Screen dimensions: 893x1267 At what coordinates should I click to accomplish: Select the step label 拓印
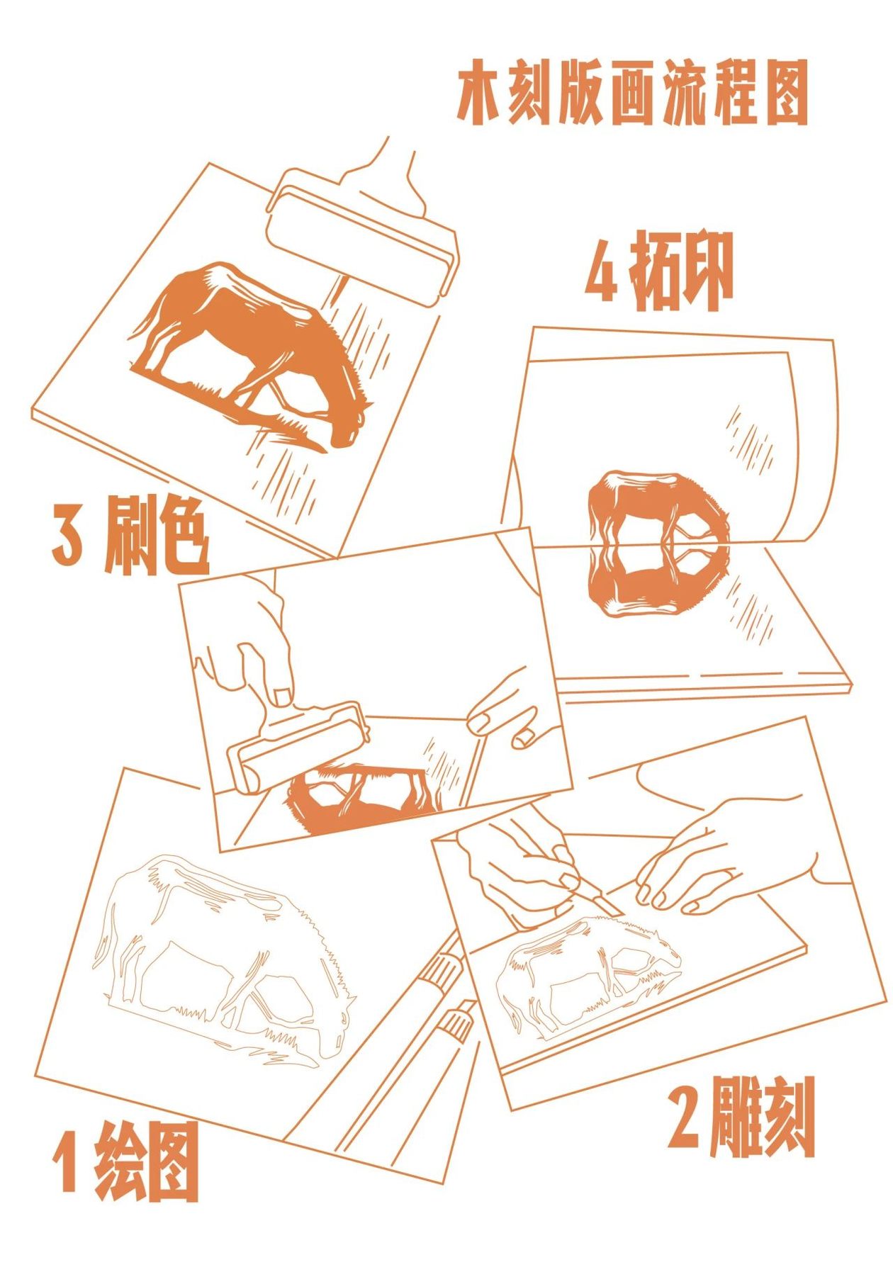click(680, 270)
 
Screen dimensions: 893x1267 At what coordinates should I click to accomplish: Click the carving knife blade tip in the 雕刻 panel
click(619, 914)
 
